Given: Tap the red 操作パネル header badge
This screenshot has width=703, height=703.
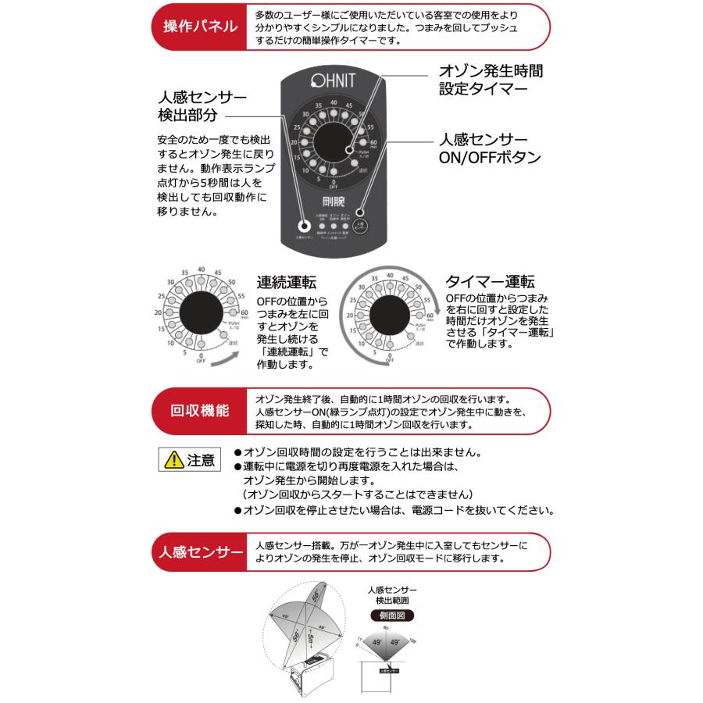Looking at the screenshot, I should tap(199, 26).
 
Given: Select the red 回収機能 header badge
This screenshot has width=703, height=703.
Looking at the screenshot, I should tap(199, 410).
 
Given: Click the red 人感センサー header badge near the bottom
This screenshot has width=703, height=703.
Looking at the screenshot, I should tap(199, 551).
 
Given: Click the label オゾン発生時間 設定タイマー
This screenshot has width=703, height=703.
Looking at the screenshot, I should tap(491, 80).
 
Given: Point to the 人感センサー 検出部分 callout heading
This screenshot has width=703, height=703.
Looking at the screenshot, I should tap(202, 107).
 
